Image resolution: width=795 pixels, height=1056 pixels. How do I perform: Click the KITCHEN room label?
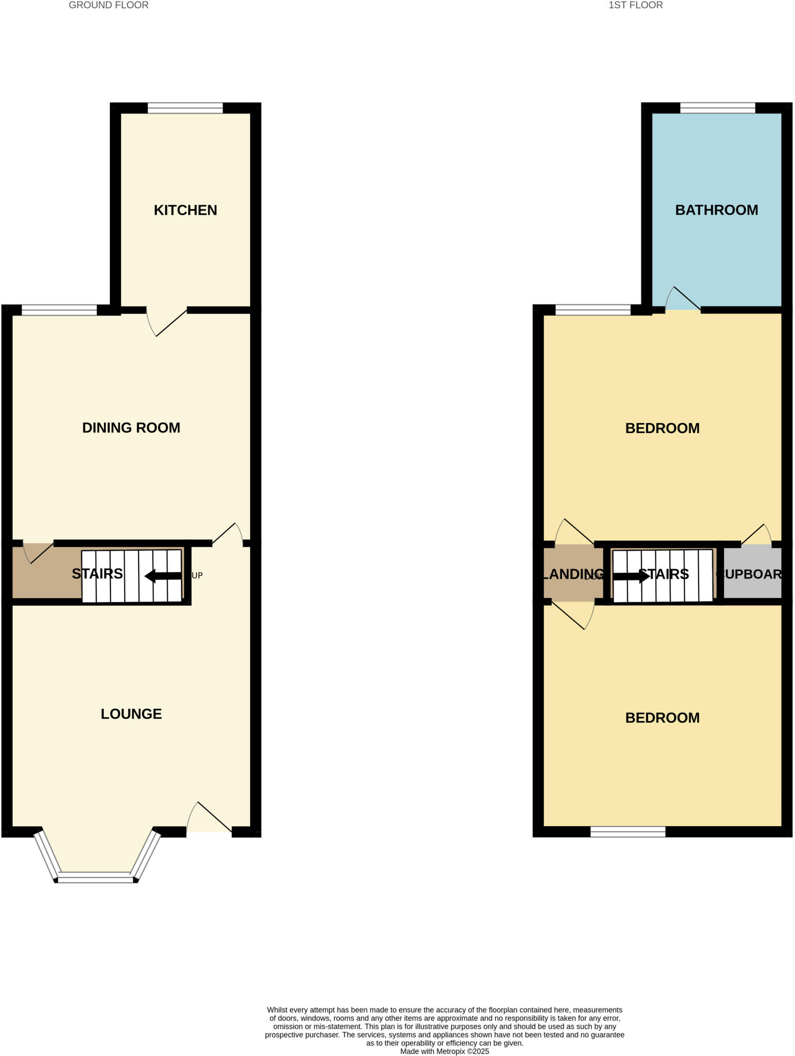click(186, 210)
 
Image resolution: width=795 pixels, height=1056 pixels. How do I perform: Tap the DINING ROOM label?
click(131, 428)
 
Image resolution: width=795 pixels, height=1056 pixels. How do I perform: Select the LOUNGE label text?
click(131, 714)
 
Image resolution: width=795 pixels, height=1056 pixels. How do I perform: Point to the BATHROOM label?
click(716, 210)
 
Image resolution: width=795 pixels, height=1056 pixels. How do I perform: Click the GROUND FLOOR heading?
click(108, 5)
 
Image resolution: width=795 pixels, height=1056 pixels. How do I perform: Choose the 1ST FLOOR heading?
click(635, 5)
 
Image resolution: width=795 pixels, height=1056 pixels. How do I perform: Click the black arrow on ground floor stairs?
click(163, 576)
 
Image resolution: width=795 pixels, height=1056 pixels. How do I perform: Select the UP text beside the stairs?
click(197, 575)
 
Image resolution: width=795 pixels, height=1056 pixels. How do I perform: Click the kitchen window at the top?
click(185, 108)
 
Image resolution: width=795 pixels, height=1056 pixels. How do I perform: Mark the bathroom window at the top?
click(717, 108)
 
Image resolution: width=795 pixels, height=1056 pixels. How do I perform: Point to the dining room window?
click(59, 310)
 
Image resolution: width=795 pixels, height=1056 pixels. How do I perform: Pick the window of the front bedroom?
click(627, 831)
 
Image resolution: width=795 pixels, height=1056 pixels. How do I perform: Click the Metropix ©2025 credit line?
click(444, 1051)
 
